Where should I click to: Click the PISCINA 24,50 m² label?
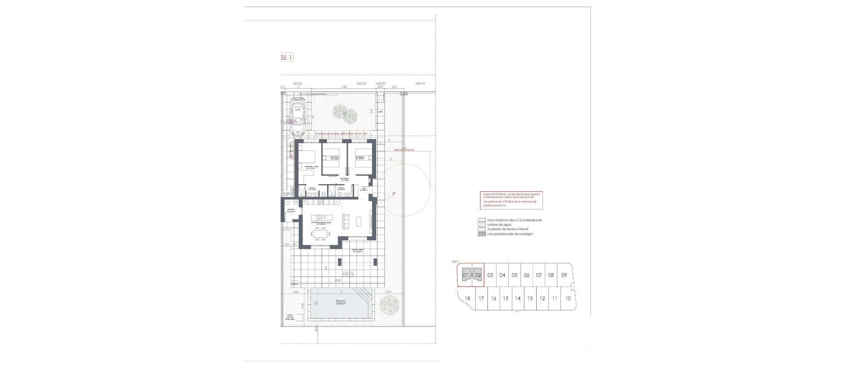click(339, 302)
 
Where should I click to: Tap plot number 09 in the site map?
click(564, 275)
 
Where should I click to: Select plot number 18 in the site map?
click(468, 298)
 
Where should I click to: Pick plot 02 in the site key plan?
click(478, 276)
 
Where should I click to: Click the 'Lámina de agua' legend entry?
click(497, 225)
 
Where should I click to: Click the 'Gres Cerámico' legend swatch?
click(481, 220)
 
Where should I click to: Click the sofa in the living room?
click(346, 220)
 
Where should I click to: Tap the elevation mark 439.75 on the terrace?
click(348, 274)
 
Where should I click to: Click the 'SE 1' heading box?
click(286, 57)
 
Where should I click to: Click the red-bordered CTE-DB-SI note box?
click(511, 200)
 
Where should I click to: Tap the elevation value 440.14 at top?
click(420, 83)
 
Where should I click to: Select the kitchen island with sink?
click(319, 218)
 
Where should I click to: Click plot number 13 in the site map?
click(530, 298)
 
